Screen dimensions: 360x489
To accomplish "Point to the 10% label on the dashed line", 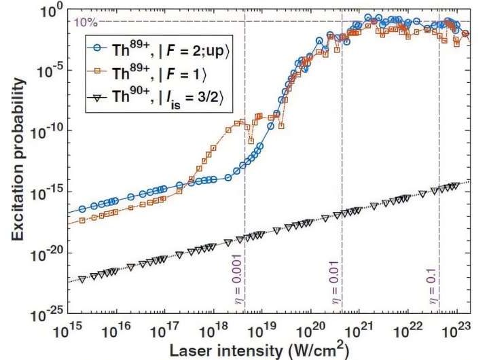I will click(82, 22).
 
